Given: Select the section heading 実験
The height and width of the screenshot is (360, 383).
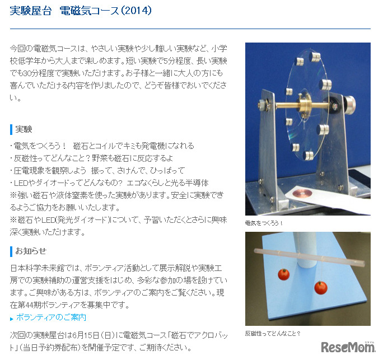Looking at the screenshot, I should click(24, 129).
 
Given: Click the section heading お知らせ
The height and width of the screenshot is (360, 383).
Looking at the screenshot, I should click(31, 250).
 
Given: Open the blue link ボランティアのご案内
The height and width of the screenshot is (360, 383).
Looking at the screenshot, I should click(51, 317).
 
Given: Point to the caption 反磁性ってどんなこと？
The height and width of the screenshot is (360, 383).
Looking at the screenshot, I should click(273, 334).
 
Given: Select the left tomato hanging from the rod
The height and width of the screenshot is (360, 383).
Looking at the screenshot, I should click(283, 274).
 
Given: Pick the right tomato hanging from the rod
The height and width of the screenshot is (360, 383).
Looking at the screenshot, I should click(321, 287).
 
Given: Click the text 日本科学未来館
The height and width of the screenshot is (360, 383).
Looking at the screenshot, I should click(34, 268).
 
